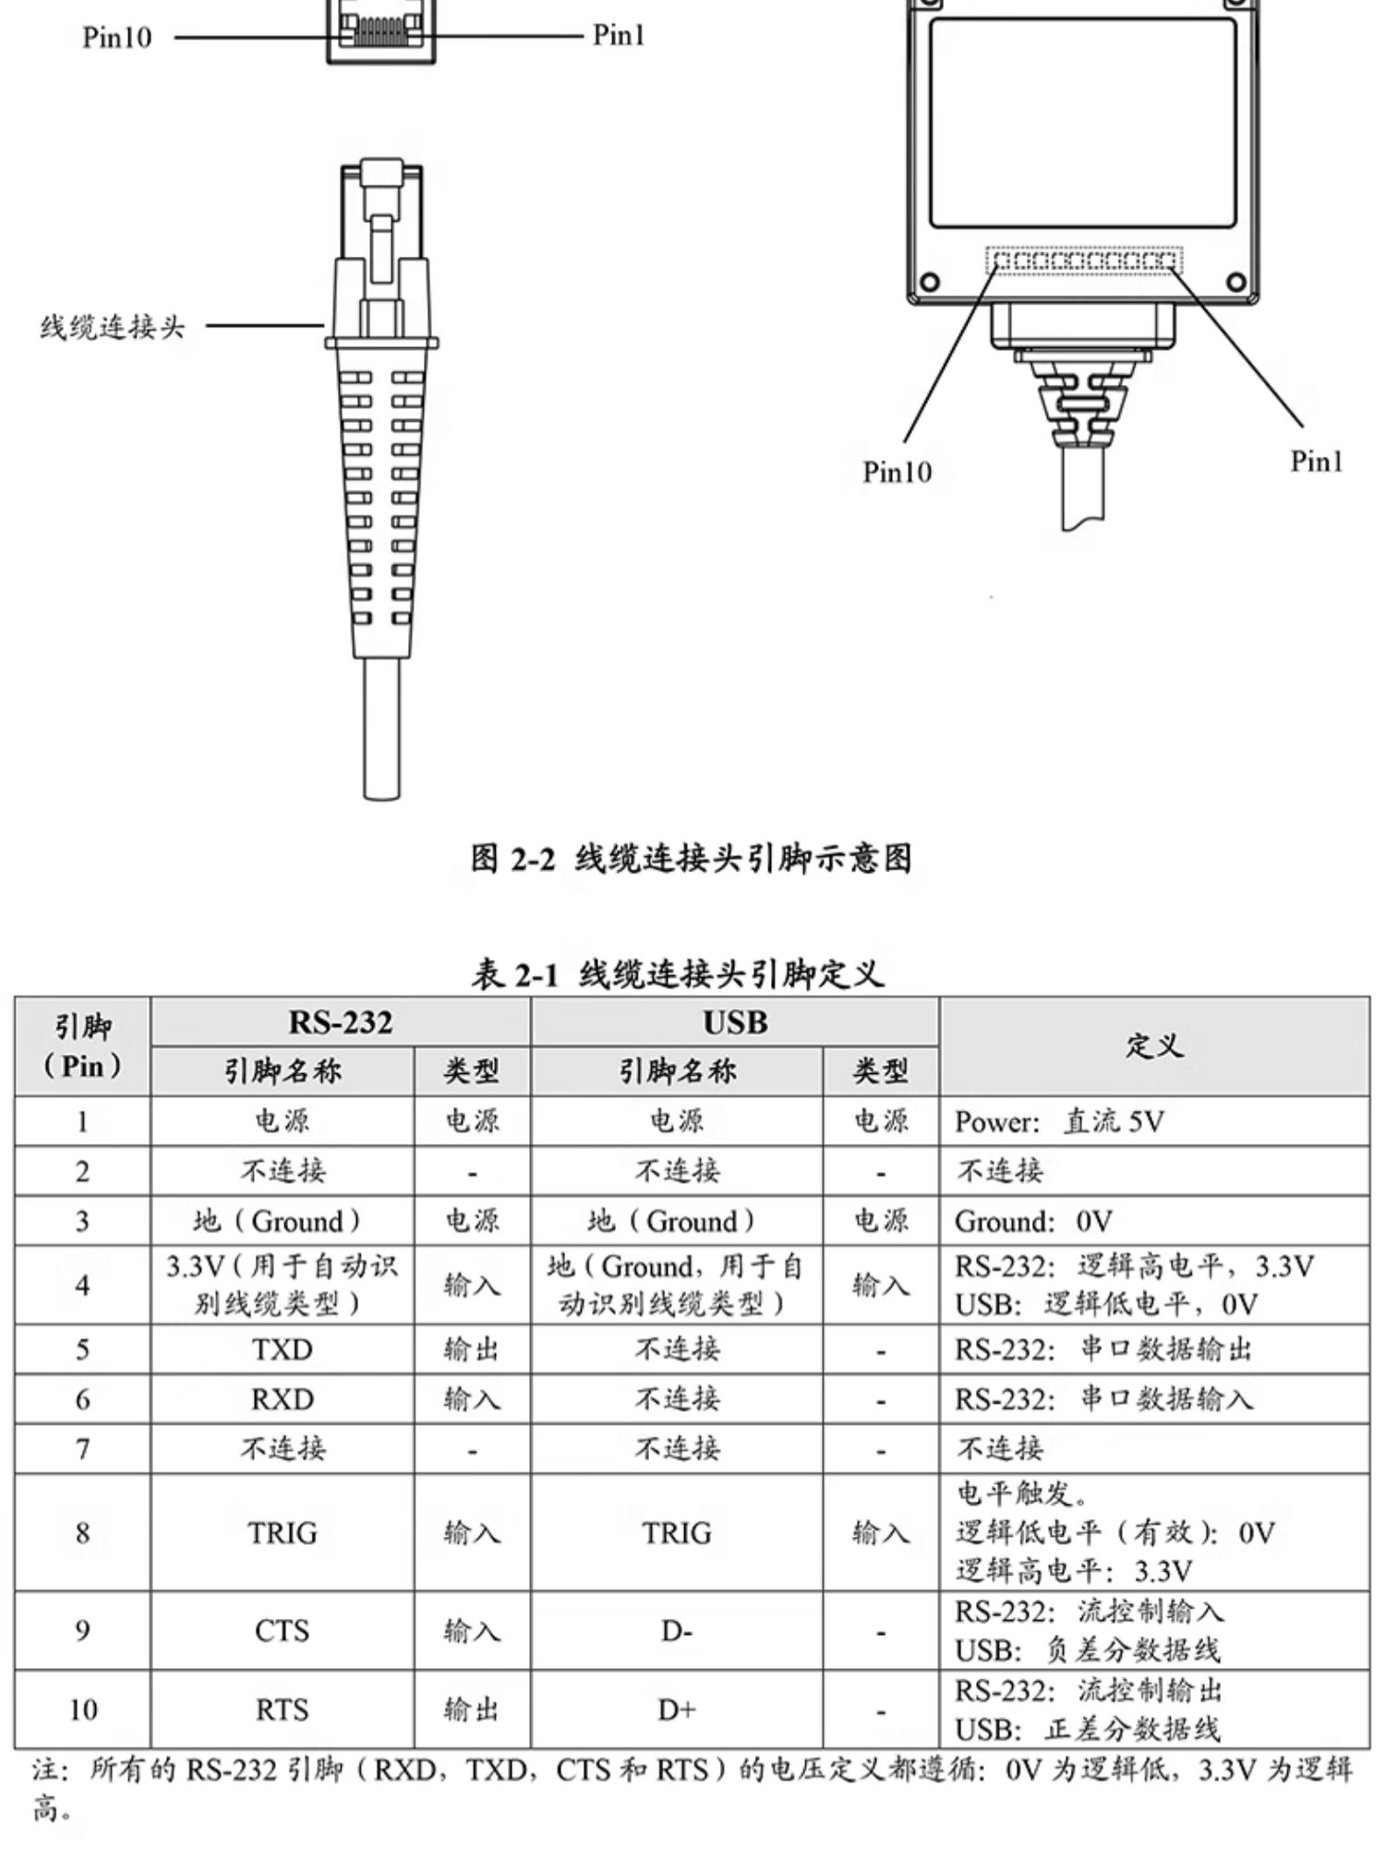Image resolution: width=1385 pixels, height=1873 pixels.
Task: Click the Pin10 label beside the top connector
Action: pyautogui.click(x=116, y=38)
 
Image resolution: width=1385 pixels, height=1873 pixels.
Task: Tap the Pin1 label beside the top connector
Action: pyautogui.click(x=618, y=35)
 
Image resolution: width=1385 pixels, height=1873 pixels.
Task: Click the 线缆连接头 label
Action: pyautogui.click(x=112, y=327)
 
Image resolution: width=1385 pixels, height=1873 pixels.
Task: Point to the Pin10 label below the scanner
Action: pyautogui.click(x=897, y=472)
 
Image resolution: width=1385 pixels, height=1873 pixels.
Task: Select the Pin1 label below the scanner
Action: pyautogui.click(x=1316, y=461)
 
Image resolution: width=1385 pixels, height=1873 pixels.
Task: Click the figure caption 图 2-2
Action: pyautogui.click(x=691, y=859)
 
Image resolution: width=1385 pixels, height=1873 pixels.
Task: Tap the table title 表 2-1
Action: pyautogui.click(x=678, y=974)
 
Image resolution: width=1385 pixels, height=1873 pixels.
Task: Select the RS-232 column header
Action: pyautogui.click(x=341, y=1022)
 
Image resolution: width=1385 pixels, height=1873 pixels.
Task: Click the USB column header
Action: pyautogui.click(x=735, y=1022)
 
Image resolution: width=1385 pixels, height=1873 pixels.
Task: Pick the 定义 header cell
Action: pyautogui.click(x=1154, y=1045)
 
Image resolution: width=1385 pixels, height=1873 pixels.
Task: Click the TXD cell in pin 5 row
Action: pyautogui.click(x=283, y=1349)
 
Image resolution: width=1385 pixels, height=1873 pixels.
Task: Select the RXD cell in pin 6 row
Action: pyautogui.click(x=283, y=1399)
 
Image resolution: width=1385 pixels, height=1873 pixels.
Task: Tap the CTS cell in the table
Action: pyautogui.click(x=282, y=1631)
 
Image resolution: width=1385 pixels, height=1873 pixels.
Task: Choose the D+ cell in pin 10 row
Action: pyautogui.click(x=677, y=1710)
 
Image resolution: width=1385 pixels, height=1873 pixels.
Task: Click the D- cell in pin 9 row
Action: pyautogui.click(x=677, y=1631)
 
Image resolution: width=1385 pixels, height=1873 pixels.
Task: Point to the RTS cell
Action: pyautogui.click(x=282, y=1710)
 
